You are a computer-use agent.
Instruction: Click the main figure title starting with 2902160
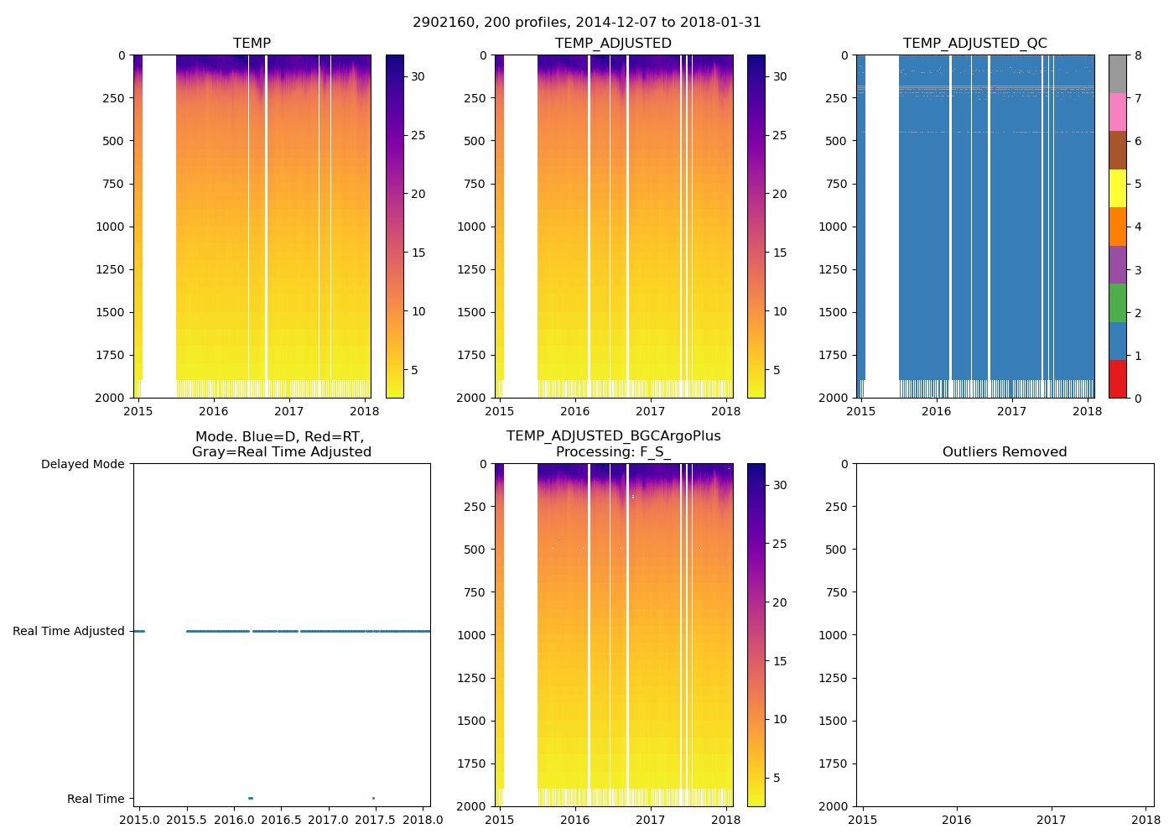click(587, 23)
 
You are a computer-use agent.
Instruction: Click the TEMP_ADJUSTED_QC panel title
click(974, 44)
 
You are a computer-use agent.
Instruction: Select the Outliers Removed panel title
click(1005, 452)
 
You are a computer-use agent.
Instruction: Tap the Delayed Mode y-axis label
click(82, 465)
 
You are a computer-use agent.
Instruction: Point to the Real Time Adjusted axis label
click(69, 632)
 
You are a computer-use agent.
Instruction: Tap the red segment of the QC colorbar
click(1117, 379)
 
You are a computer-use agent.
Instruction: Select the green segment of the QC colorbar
click(1117, 303)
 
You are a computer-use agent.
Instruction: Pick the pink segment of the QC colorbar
click(1117, 112)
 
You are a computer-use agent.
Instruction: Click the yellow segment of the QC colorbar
click(1117, 188)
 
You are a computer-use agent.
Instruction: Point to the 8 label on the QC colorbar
click(1138, 56)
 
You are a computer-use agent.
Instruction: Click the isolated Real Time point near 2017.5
click(373, 798)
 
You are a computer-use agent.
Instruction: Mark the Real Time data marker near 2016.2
click(250, 798)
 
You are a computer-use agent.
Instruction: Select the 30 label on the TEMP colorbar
click(418, 77)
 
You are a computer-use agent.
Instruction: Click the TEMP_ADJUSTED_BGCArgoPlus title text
click(613, 436)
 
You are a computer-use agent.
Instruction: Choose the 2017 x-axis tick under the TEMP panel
click(289, 411)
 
